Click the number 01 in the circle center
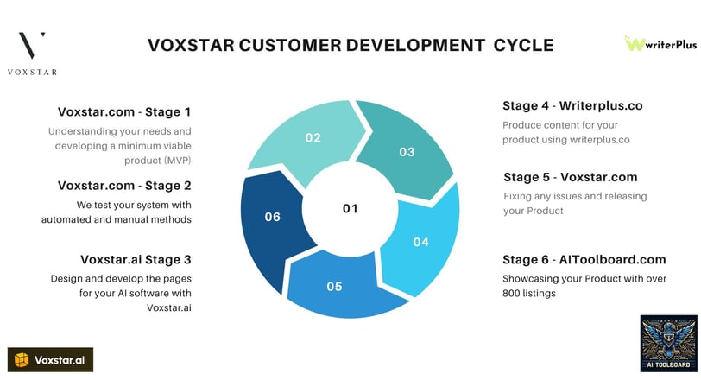[350, 209]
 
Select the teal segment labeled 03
[405, 148]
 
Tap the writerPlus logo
[660, 43]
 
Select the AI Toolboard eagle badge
[668, 344]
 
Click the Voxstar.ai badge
[51, 360]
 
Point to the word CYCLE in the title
[523, 45]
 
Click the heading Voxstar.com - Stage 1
[124, 111]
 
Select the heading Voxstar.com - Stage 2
[124, 186]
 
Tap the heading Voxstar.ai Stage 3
[136, 259]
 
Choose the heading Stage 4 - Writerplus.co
[572, 106]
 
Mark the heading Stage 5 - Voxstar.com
[571, 177]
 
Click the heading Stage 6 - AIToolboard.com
[584, 259]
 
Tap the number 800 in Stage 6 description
[510, 294]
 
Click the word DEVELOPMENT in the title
[415, 45]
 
